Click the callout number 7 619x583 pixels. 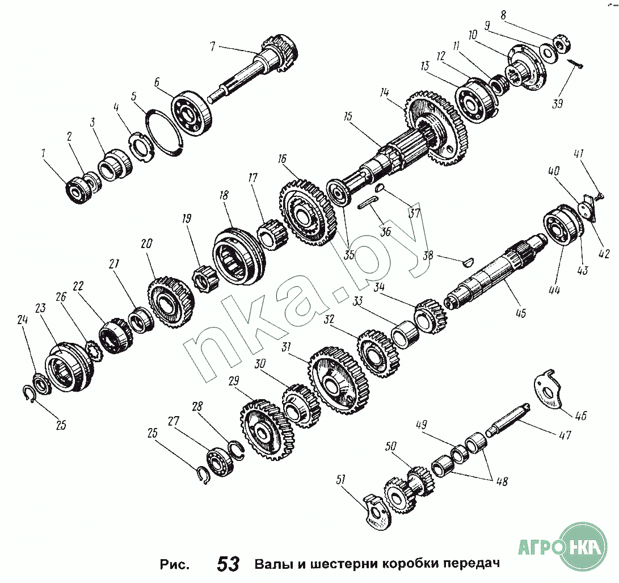(x=213, y=47)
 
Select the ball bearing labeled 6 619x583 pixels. (x=191, y=114)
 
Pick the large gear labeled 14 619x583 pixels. (x=438, y=128)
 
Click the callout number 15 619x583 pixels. (x=347, y=118)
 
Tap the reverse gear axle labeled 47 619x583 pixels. (x=508, y=420)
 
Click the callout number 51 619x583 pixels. (x=340, y=480)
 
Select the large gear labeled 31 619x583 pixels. (x=339, y=380)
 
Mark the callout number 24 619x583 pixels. (x=23, y=320)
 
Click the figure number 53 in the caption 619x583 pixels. (x=228, y=564)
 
